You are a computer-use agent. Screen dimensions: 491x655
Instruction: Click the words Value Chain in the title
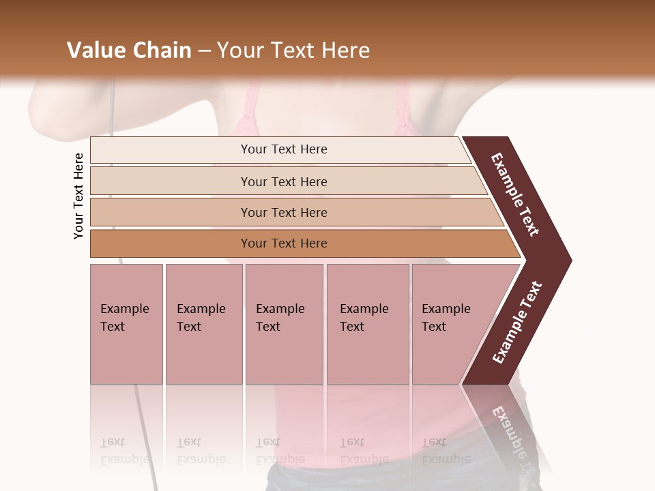tap(129, 50)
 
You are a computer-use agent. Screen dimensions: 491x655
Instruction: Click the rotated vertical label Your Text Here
tap(78, 196)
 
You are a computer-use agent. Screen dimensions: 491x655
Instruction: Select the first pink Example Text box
tap(126, 323)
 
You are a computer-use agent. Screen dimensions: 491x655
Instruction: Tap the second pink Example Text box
tap(203, 323)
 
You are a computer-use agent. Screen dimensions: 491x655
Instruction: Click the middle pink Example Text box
tap(284, 323)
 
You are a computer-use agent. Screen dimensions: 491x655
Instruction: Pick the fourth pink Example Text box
tap(367, 323)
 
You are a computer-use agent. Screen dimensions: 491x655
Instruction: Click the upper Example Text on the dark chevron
tap(515, 194)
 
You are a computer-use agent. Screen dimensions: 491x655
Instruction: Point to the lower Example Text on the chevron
tap(517, 323)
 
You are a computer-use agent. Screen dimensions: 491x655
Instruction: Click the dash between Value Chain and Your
tap(204, 51)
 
